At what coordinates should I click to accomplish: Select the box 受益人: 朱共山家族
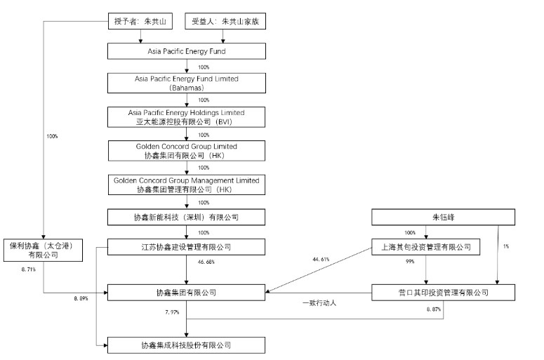229,22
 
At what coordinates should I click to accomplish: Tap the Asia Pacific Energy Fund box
186,51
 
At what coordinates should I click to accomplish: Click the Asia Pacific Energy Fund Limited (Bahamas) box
186,84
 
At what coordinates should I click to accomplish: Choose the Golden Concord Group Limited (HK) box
186,150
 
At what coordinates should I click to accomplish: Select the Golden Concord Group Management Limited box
186,185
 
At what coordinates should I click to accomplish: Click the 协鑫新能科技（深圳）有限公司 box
186,216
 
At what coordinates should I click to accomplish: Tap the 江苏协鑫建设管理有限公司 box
186,247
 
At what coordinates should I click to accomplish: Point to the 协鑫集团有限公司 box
186,291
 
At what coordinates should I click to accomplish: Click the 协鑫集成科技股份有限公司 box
186,345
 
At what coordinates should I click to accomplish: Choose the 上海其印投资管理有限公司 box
426,247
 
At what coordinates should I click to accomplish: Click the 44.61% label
321,260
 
